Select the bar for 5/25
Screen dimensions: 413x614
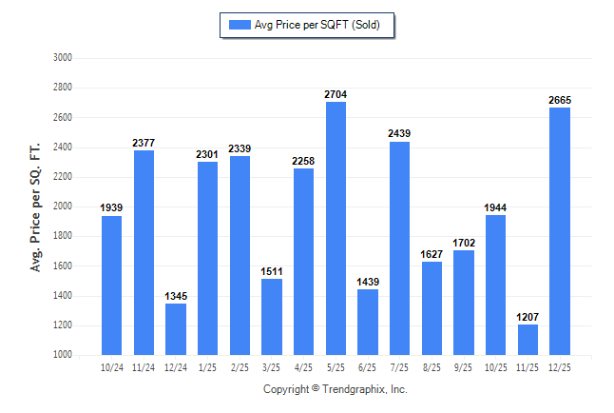pyautogui.click(x=336, y=228)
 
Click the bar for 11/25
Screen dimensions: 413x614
pyautogui.click(x=528, y=340)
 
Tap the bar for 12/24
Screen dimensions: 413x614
pyautogui.click(x=175, y=329)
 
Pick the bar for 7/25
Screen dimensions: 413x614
pyautogui.click(x=400, y=248)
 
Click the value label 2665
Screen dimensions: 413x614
pyautogui.click(x=560, y=100)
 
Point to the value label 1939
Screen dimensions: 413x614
pyautogui.click(x=111, y=208)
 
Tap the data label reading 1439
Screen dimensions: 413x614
pyautogui.click(x=368, y=283)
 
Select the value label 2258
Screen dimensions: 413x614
pyautogui.click(x=303, y=161)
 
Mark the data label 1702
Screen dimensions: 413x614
pyautogui.click(x=464, y=244)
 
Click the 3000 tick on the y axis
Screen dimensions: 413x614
pyautogui.click(x=64, y=58)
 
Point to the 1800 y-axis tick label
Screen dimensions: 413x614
pyautogui.click(x=64, y=236)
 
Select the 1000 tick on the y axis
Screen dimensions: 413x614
pyautogui.click(x=64, y=355)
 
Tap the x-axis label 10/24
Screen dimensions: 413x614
pyautogui.click(x=111, y=365)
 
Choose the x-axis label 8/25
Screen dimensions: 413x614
pyautogui.click(x=432, y=365)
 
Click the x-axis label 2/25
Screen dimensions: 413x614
pyautogui.click(x=240, y=365)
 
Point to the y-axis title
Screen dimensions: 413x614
pyautogui.click(x=36, y=206)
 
